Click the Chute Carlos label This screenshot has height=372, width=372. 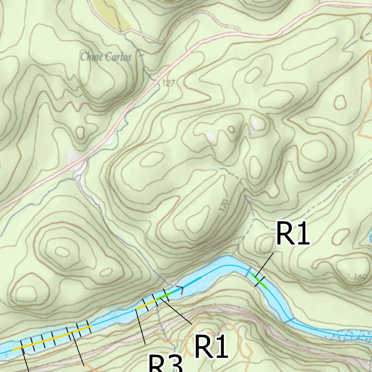(106, 57)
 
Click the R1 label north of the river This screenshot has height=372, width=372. (292, 234)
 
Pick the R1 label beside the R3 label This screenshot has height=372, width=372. (211, 347)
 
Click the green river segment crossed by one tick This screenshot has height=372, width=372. (260, 282)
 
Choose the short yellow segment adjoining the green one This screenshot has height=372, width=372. (147, 304)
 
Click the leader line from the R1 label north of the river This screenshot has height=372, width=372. (264, 268)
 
